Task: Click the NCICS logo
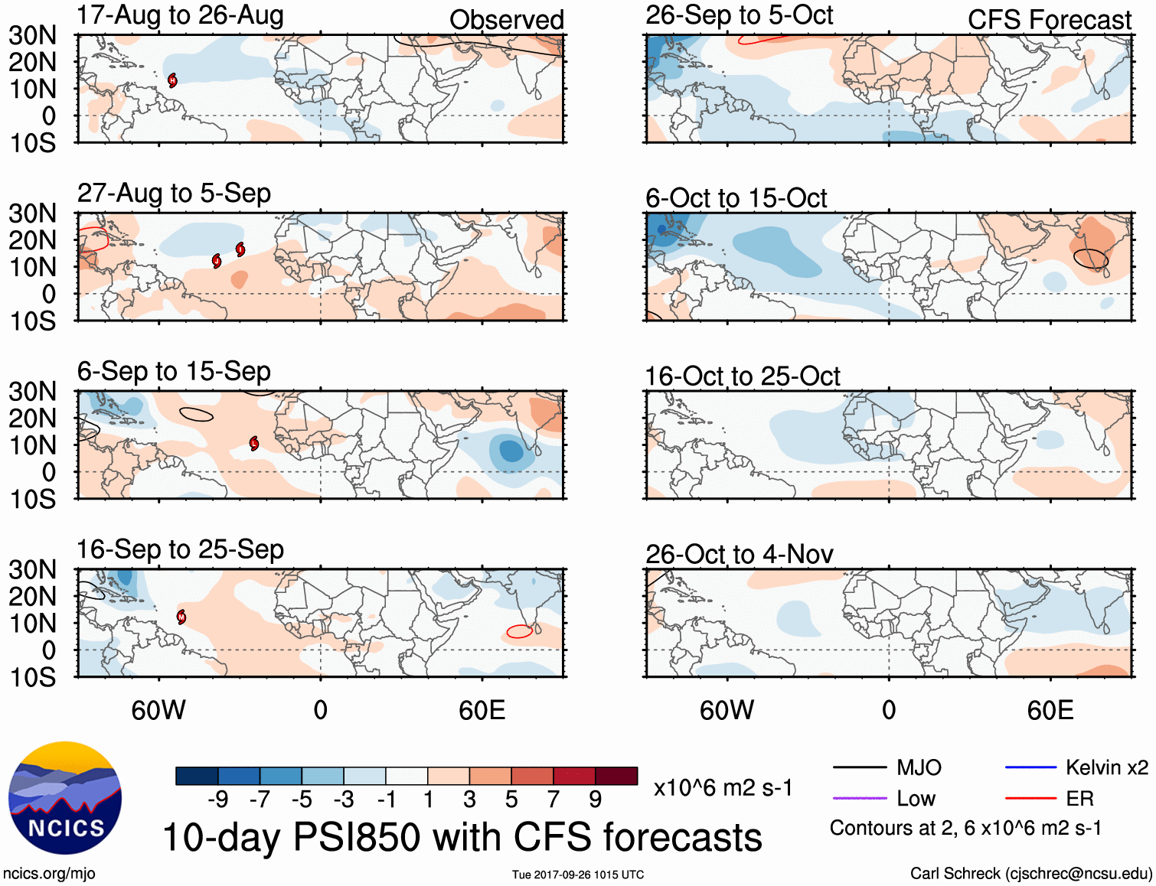point(65,798)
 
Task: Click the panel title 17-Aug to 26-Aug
point(180,15)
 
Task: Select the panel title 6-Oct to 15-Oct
point(736,198)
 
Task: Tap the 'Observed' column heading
point(506,20)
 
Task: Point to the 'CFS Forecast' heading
point(1049,20)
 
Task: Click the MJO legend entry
point(887,767)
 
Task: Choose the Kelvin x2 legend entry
point(1076,767)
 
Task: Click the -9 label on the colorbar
point(217,800)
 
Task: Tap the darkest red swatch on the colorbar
point(616,776)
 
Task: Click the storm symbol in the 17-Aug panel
point(173,80)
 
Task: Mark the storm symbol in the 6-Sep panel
point(254,444)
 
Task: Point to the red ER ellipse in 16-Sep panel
point(519,631)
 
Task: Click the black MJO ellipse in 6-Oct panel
point(1090,259)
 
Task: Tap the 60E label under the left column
point(482,711)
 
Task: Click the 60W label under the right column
point(727,711)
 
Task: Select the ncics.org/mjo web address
point(49,874)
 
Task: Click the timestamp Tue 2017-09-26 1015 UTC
point(578,875)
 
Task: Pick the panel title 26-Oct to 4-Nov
point(739,554)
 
